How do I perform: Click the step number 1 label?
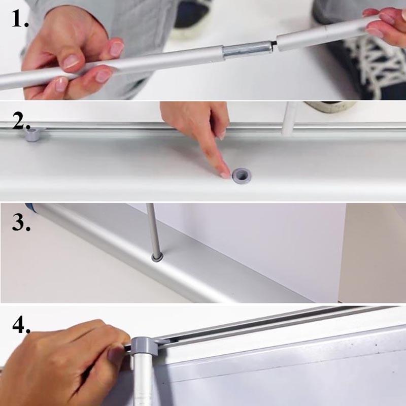tap(20, 19)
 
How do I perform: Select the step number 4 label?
tap(21, 324)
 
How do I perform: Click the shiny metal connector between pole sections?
tap(248, 50)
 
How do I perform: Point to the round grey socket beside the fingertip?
tap(242, 176)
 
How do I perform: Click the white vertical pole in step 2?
tap(289, 119)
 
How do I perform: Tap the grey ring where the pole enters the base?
tap(157, 257)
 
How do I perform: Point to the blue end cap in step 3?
tap(29, 206)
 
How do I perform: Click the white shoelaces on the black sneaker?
tap(374, 62)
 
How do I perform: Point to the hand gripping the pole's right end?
tap(385, 26)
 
